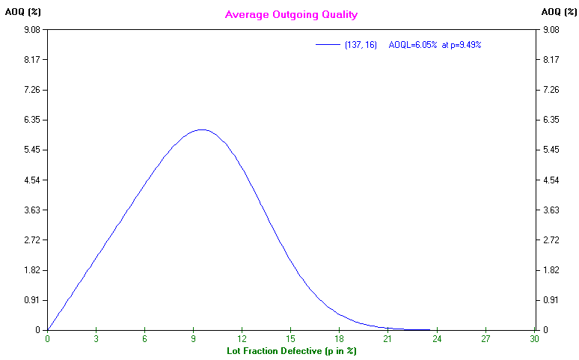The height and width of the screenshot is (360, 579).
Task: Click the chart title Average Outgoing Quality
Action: [x=291, y=14]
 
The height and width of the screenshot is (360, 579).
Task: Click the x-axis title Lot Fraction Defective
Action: [x=291, y=350]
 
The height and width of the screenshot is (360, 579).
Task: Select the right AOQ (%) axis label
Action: [x=557, y=11]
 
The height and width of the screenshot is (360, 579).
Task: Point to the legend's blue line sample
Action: [x=328, y=45]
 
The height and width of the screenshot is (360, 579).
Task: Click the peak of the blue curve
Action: [x=201, y=129]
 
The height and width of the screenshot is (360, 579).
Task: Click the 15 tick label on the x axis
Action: [x=291, y=338]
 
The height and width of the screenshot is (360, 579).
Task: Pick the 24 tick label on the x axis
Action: [x=438, y=338]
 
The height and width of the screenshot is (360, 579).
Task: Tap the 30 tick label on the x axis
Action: [x=535, y=338]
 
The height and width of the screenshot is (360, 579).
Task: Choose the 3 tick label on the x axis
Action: [x=96, y=338]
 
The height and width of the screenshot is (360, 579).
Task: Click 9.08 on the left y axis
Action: [x=31, y=30]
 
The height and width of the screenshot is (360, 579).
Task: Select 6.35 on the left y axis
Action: [x=31, y=120]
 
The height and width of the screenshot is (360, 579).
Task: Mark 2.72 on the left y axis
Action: [x=31, y=240]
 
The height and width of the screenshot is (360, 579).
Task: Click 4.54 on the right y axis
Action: [x=551, y=180]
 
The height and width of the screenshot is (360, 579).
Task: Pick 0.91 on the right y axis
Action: [x=551, y=300]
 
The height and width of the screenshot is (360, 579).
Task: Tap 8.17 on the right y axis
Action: [x=551, y=60]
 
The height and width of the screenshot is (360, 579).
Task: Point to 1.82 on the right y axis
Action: [x=551, y=270]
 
